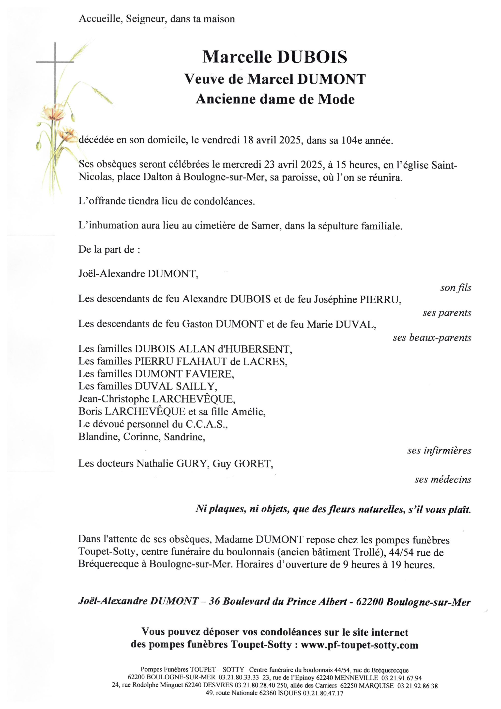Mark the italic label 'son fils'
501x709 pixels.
pos(456,288)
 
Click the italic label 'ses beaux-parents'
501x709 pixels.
pos(432,338)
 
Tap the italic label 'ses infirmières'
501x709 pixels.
pos(439,451)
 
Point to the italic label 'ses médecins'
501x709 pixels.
pos(443,480)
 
